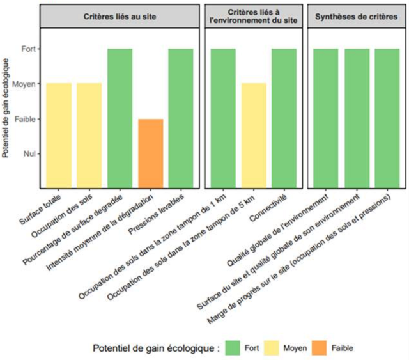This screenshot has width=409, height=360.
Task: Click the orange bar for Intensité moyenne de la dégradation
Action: pyautogui.click(x=151, y=153)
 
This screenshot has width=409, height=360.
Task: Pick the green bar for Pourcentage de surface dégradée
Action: pyautogui.click(x=120, y=118)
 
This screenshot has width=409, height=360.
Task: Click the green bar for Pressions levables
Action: pyautogui.click(x=180, y=118)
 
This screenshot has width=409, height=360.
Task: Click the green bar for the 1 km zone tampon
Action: pyautogui.click(x=223, y=118)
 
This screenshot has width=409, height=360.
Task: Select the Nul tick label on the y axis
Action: pyautogui.click(x=31, y=153)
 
